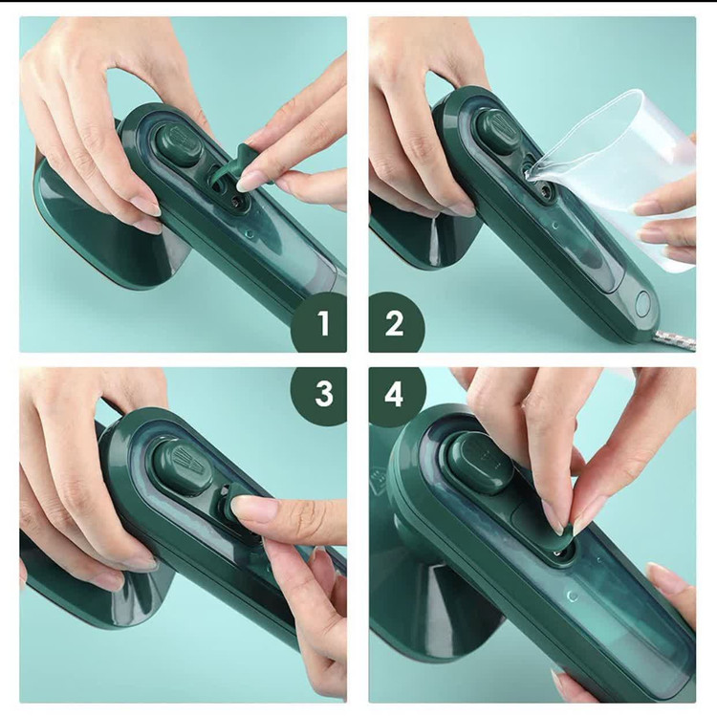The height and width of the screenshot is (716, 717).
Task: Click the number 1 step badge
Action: pos(320,323)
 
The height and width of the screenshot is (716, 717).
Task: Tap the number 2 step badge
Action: pos(396,323)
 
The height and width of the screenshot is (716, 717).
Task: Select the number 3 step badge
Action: pos(320,394)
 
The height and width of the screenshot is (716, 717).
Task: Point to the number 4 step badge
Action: pos(396,394)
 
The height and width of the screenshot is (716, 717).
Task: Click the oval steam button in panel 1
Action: pos(180,144)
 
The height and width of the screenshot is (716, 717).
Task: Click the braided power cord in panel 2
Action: pos(677,341)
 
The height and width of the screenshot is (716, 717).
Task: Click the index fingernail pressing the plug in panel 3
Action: pos(245,506)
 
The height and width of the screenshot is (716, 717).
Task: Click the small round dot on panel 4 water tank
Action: pos(572,597)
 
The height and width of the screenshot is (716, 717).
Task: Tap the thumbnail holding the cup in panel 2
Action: pos(649,207)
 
